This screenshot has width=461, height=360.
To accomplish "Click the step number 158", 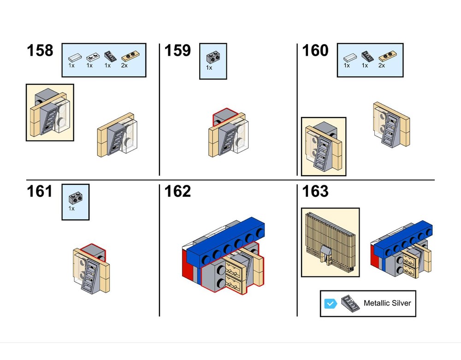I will (x=40, y=51).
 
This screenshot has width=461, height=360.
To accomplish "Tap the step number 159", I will (x=177, y=51).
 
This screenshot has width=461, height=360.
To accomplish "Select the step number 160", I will (x=315, y=51).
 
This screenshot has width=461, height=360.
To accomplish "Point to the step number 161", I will (x=40, y=191).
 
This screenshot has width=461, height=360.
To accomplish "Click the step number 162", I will (x=177, y=191).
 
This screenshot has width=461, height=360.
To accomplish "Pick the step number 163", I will (x=315, y=191).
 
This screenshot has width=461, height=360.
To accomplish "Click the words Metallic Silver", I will (x=387, y=303).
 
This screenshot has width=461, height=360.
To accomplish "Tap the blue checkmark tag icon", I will (x=330, y=303).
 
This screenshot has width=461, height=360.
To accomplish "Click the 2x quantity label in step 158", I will (x=124, y=66).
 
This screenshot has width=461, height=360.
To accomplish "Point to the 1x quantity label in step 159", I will (x=209, y=68).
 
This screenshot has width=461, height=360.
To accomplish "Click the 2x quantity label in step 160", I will (x=382, y=66).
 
